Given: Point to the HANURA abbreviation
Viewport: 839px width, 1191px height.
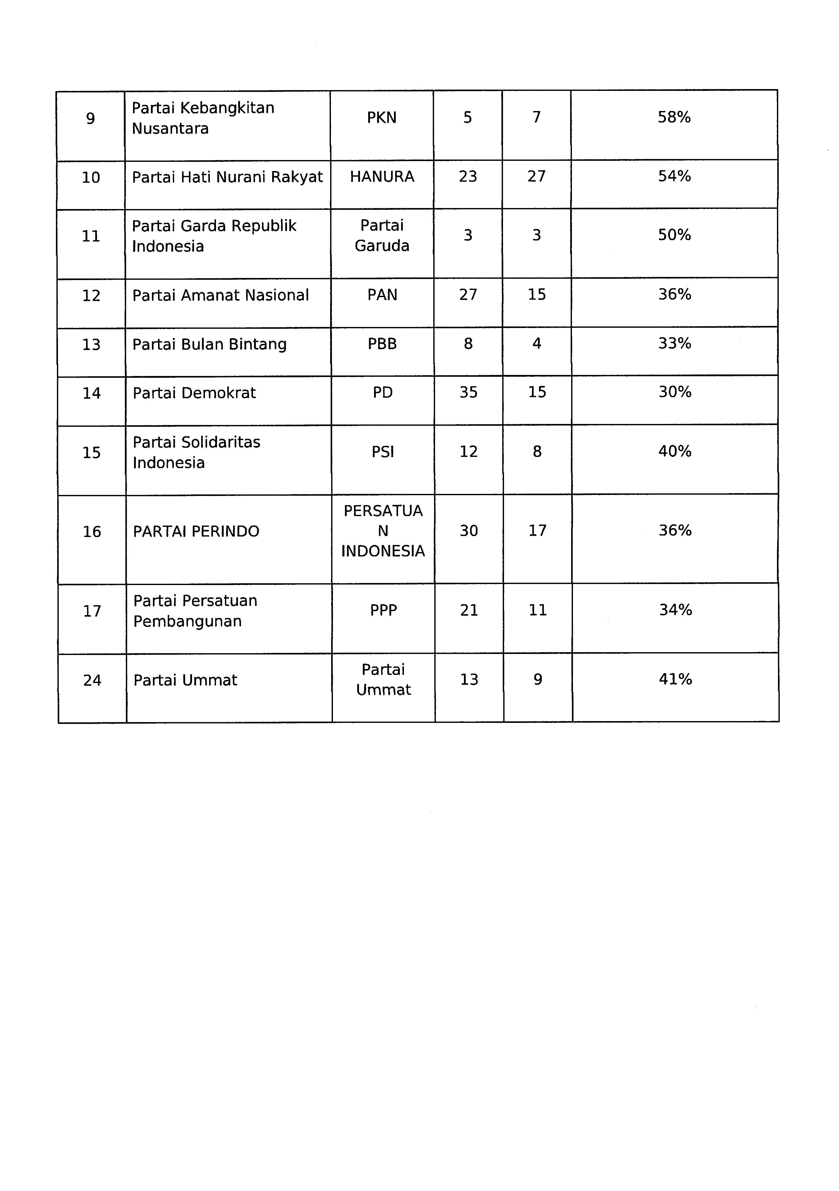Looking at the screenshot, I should click(382, 177).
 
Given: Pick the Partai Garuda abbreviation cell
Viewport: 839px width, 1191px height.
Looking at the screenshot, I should click(382, 236).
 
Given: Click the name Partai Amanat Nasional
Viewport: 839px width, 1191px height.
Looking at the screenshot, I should click(221, 295).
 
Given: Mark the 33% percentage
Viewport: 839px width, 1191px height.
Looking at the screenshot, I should click(675, 343).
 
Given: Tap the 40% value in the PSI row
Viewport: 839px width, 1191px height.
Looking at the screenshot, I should click(675, 451).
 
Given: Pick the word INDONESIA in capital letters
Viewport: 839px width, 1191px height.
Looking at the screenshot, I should click(383, 551).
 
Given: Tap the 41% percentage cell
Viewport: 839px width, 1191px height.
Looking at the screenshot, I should click(675, 679).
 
